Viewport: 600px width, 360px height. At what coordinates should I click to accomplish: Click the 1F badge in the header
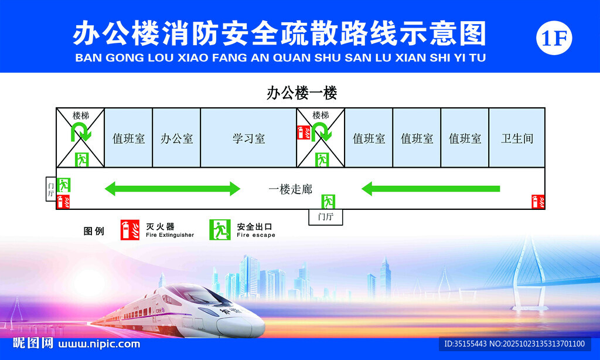click(554, 38)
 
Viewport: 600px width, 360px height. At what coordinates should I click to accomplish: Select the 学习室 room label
click(248, 138)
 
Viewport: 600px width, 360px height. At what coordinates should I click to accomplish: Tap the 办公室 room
click(176, 138)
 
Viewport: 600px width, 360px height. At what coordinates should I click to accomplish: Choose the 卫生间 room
click(517, 138)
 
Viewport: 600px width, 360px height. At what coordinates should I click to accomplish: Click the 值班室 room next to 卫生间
click(465, 138)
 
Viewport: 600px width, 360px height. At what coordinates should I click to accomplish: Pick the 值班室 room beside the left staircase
click(128, 138)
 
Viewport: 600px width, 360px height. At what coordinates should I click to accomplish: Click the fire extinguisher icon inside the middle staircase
click(304, 133)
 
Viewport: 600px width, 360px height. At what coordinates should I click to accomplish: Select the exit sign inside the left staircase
click(82, 159)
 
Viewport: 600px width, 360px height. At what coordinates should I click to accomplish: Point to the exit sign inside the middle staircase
click(322, 159)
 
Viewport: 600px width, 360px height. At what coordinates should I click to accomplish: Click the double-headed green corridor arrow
click(172, 188)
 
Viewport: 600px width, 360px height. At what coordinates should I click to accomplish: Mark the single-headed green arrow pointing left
click(431, 188)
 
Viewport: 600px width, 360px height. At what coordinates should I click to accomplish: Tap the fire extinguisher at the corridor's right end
click(538, 202)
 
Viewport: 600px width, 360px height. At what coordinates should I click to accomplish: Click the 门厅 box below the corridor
click(326, 217)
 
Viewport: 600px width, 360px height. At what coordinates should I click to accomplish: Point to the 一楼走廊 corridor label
click(291, 189)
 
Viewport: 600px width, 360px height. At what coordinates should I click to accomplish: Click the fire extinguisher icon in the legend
click(129, 230)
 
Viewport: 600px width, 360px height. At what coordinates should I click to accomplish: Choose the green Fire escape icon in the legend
click(220, 230)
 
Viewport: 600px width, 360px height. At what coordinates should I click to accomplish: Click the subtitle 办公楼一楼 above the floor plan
click(302, 93)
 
